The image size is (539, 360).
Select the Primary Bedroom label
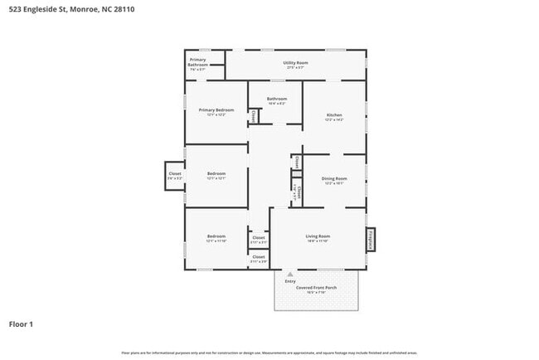pos(216,111)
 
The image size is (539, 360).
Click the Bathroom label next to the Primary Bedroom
pos(276,100)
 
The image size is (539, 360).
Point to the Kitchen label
pos(333,116)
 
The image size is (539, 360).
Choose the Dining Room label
pos(333,180)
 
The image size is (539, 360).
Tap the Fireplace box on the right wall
pos(371,239)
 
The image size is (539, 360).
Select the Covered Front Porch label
pos(317,289)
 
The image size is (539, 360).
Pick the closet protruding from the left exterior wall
pos(174,176)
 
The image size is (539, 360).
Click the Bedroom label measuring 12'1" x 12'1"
pos(216,175)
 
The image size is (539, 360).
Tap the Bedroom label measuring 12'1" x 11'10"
pos(216,238)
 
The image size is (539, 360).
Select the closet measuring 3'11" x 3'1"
pos(259,240)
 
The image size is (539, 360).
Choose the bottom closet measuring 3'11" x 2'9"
pos(259,260)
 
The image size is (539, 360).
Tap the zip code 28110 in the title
pos(124,9)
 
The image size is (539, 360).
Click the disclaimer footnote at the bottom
pos(269,353)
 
